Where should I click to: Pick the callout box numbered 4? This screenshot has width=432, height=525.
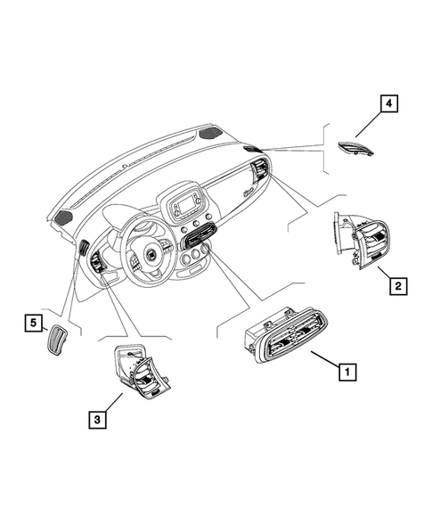[387, 105]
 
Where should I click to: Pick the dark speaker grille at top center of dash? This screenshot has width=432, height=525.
[211, 133]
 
